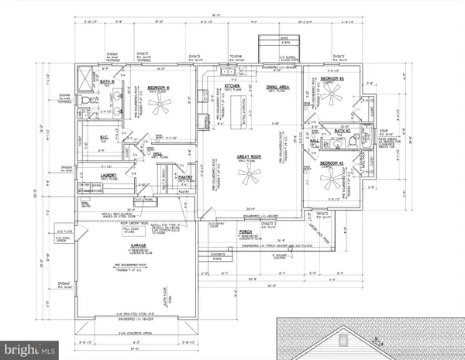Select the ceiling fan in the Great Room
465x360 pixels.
coord(250,178)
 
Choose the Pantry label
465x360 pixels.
coord(183,177)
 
